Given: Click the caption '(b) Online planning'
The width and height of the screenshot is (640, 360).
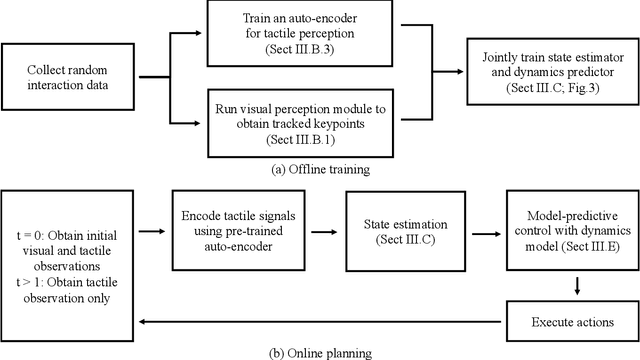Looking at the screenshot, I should click(x=320, y=352).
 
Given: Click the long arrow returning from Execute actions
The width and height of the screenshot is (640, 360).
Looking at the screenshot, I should click(x=320, y=321).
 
